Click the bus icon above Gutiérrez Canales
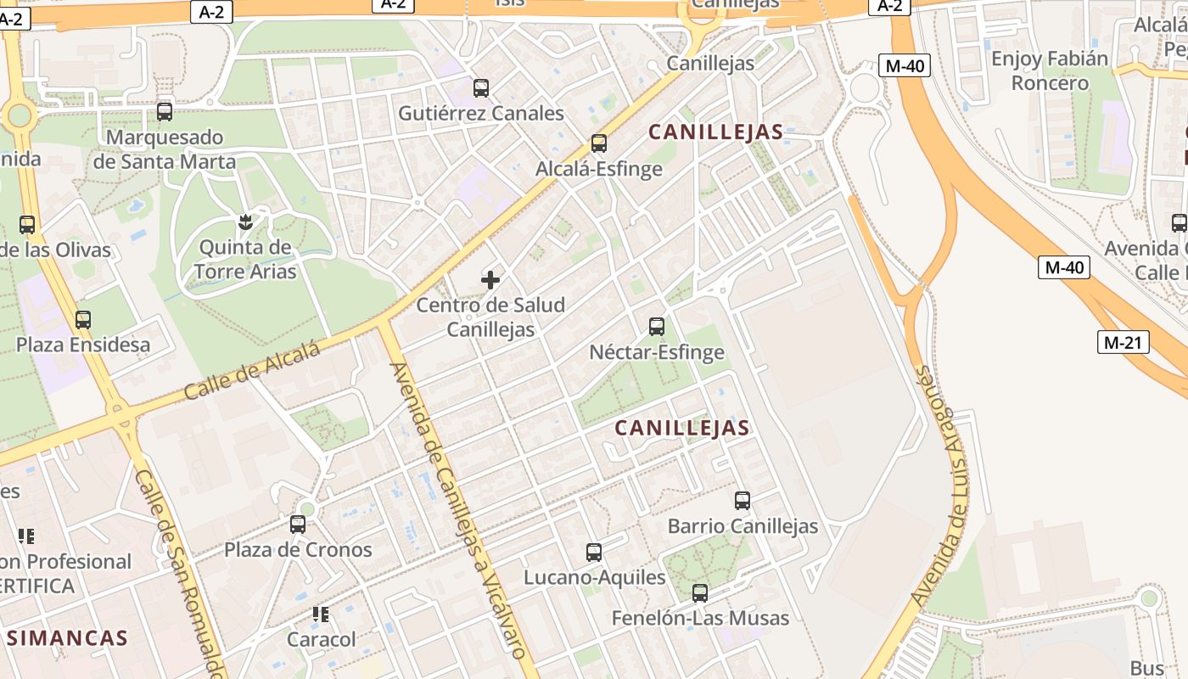tap(481, 87)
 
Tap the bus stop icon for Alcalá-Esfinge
tap(599, 143)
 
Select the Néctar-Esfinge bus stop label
tap(657, 351)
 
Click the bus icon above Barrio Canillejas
tap(742, 501)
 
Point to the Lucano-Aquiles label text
tap(594, 577)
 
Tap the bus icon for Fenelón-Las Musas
tap(700, 593)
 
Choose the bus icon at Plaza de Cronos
tap(298, 525)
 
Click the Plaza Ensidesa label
tap(83, 345)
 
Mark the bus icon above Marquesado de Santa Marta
tap(165, 111)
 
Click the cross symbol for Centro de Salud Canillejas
tap(490, 279)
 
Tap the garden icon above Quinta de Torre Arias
tap(245, 222)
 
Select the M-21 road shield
tap(1123, 343)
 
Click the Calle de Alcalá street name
tap(252, 371)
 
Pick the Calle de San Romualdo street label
tap(180, 573)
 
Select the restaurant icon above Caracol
tap(321, 614)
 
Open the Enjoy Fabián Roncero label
tap(1050, 70)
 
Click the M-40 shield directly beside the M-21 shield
tap(1064, 267)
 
